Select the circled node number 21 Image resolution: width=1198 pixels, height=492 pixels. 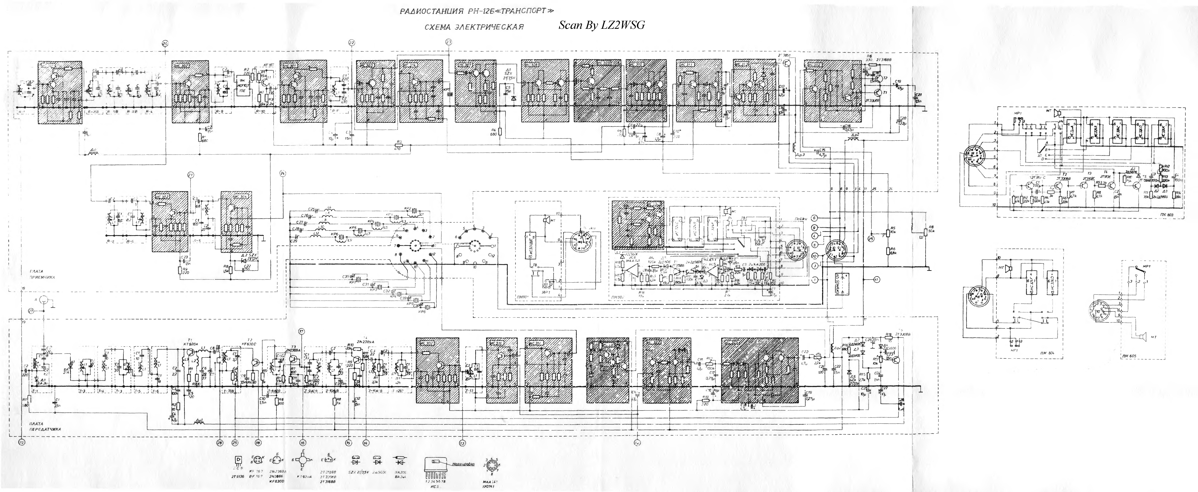click(x=190, y=175)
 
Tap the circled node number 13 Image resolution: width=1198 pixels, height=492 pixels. click(x=462, y=443)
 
